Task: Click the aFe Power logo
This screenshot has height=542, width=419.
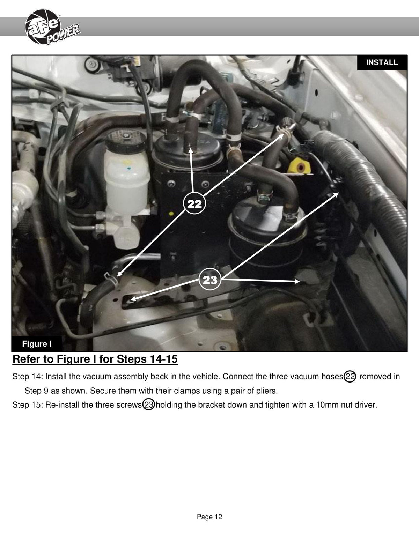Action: click(52, 27)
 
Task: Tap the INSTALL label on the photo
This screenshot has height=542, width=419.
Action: click(382, 62)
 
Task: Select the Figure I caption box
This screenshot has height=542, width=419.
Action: click(37, 344)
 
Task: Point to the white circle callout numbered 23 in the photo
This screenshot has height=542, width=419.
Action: click(210, 280)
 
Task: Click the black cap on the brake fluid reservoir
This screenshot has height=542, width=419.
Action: click(126, 141)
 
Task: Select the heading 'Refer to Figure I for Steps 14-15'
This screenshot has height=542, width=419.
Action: click(95, 359)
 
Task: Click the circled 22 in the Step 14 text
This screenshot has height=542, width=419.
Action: click(350, 377)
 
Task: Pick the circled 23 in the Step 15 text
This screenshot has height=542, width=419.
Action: click(149, 404)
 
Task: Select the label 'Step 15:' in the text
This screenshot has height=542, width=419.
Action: click(28, 405)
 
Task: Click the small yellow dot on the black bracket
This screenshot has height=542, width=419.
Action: click(171, 214)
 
